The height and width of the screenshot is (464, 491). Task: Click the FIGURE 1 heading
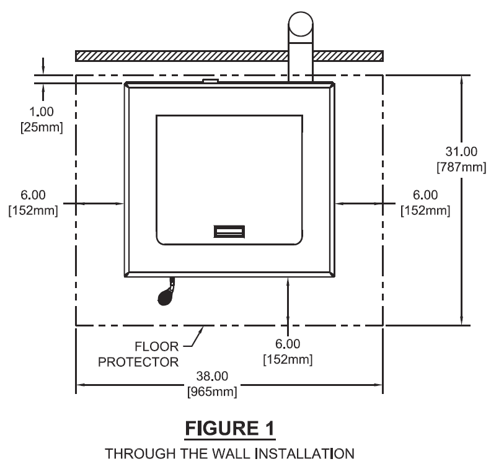(245, 427)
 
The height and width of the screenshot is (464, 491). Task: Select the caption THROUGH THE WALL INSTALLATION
(245, 453)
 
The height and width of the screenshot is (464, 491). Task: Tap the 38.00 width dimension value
(211, 375)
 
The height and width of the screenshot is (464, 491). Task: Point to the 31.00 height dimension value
(461, 151)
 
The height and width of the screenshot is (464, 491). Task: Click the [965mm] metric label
(211, 392)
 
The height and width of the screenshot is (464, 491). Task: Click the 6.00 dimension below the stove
(287, 343)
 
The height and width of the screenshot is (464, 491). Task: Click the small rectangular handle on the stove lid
(229, 232)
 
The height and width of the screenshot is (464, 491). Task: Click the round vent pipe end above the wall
(301, 25)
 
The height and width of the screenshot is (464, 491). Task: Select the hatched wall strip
(186, 56)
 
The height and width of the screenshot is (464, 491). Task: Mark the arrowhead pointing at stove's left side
(120, 202)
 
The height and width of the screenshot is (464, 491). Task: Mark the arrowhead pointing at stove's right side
(340, 202)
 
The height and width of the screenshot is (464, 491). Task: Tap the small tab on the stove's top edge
(210, 80)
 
